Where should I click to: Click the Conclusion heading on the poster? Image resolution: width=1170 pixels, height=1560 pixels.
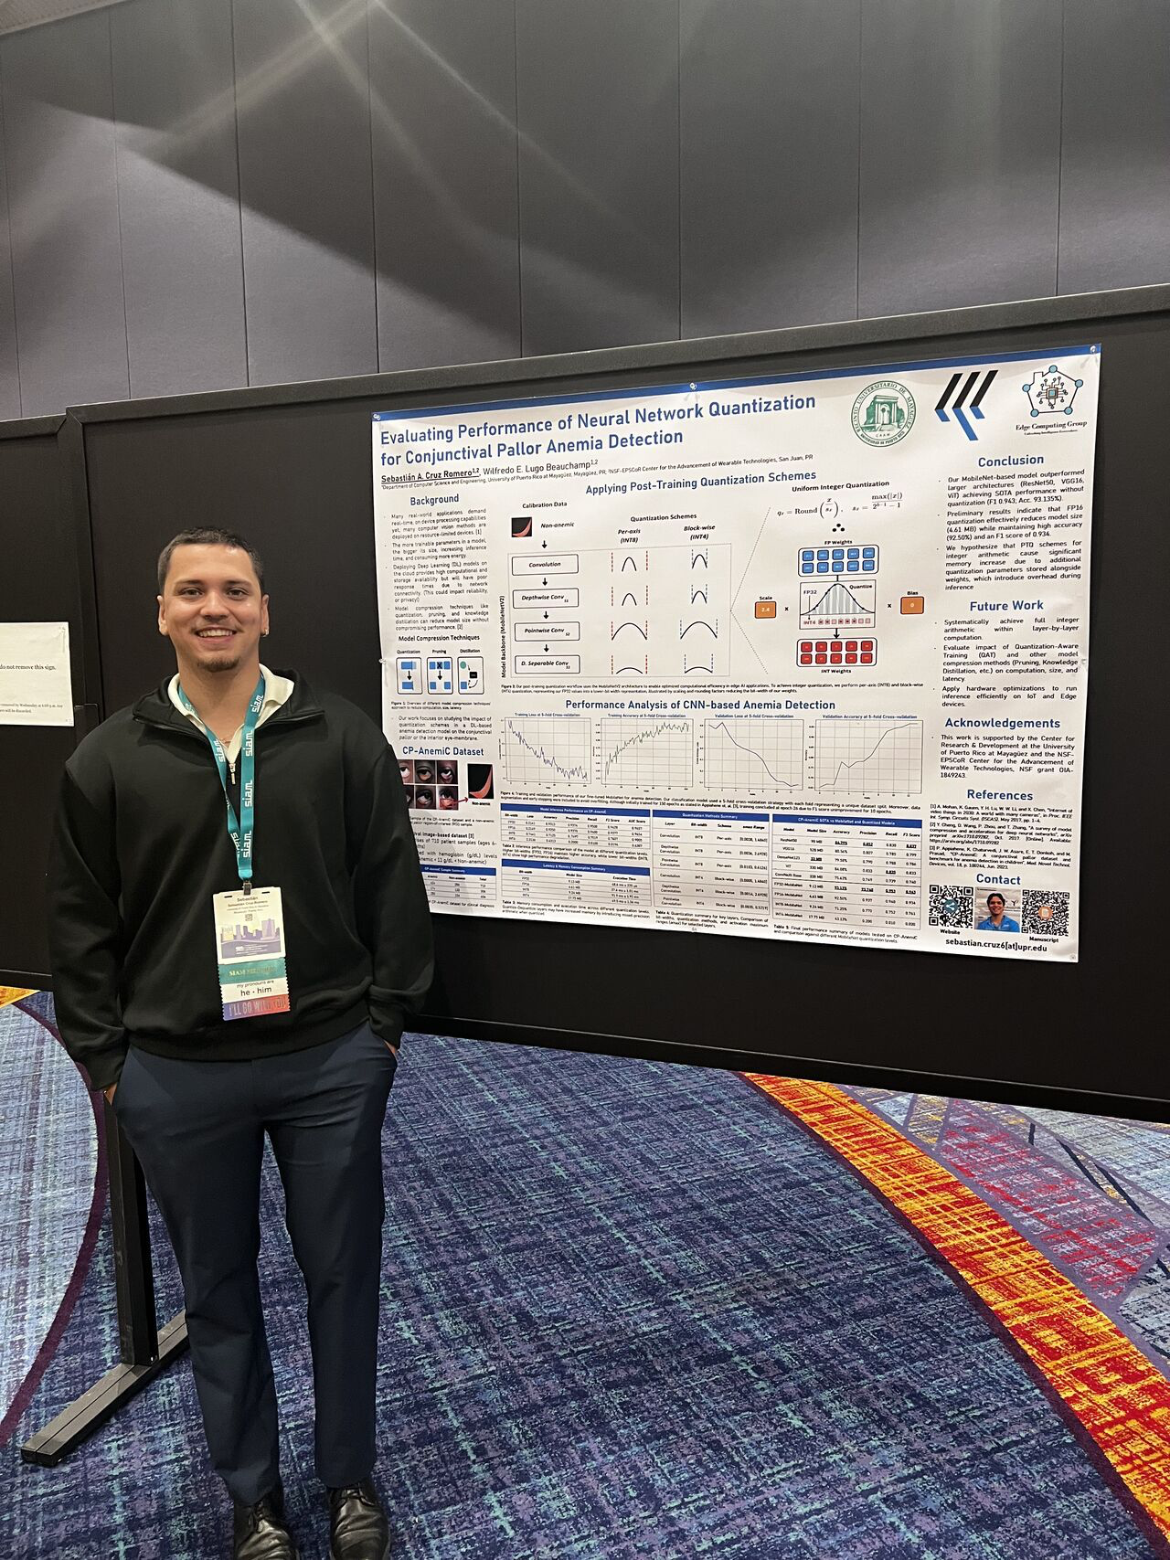[x=1010, y=461]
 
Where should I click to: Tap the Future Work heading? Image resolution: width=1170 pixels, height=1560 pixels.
[x=1006, y=605]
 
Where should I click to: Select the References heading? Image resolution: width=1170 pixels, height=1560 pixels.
[x=999, y=795]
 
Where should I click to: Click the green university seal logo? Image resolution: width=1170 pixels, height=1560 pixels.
[x=883, y=413]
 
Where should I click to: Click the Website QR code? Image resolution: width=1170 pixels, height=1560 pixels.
[x=950, y=907]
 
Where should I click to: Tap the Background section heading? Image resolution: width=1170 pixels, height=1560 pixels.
[x=434, y=499]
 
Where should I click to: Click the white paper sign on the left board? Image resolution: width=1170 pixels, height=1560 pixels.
[x=34, y=674]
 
